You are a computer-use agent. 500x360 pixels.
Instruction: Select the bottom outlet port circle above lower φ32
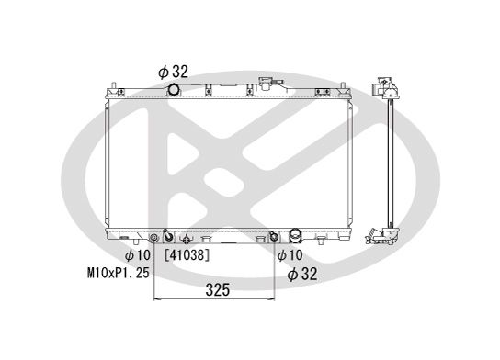coord(297,234)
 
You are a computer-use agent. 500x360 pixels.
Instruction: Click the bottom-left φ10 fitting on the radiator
coord(166,234)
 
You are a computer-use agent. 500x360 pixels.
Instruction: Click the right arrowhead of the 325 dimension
coord(276,301)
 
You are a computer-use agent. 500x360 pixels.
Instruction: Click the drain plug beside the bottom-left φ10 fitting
coord(183,236)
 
